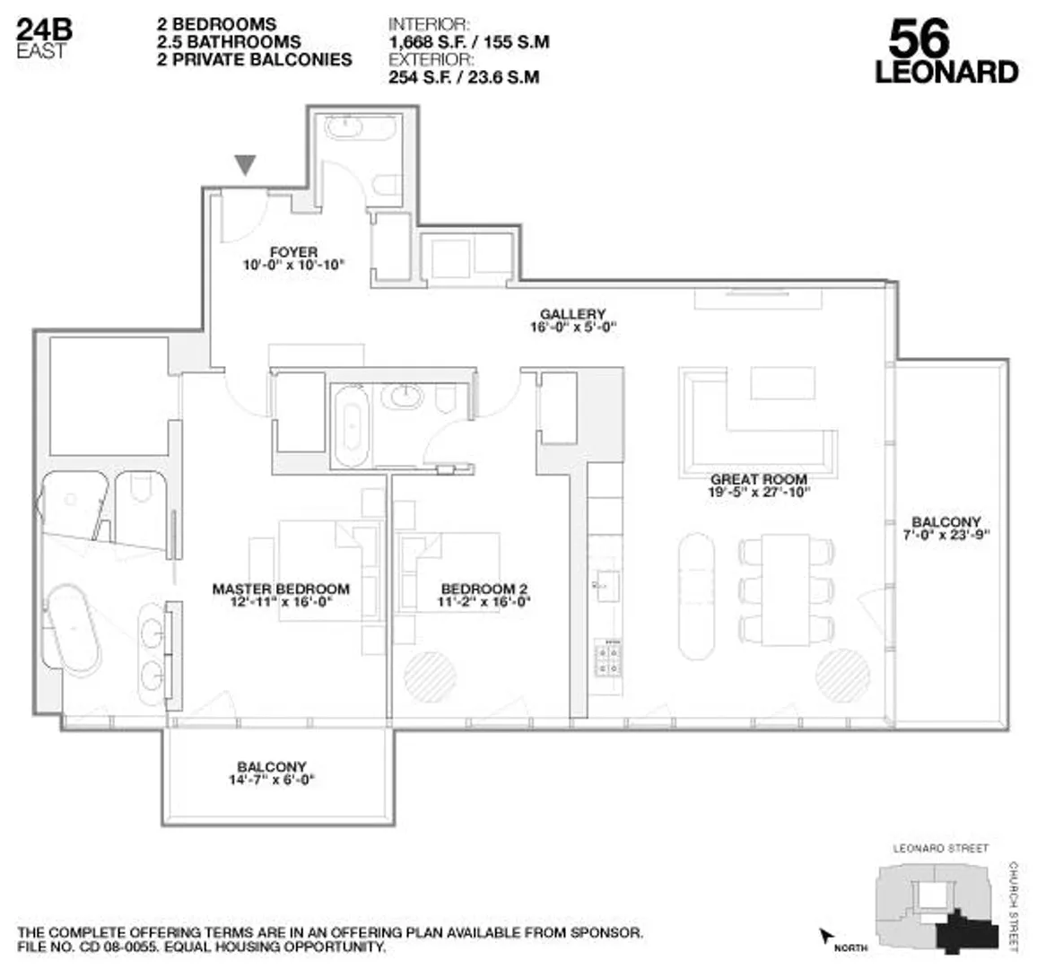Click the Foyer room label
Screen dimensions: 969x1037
293,252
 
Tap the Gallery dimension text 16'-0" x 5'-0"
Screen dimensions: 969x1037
572,327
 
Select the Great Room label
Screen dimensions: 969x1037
758,480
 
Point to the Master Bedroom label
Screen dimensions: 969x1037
281,589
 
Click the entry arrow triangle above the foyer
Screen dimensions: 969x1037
245,164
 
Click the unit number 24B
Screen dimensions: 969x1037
45,30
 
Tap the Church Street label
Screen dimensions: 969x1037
1014,906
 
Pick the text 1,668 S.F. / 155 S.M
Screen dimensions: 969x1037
468,42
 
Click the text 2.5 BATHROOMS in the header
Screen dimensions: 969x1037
229,42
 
